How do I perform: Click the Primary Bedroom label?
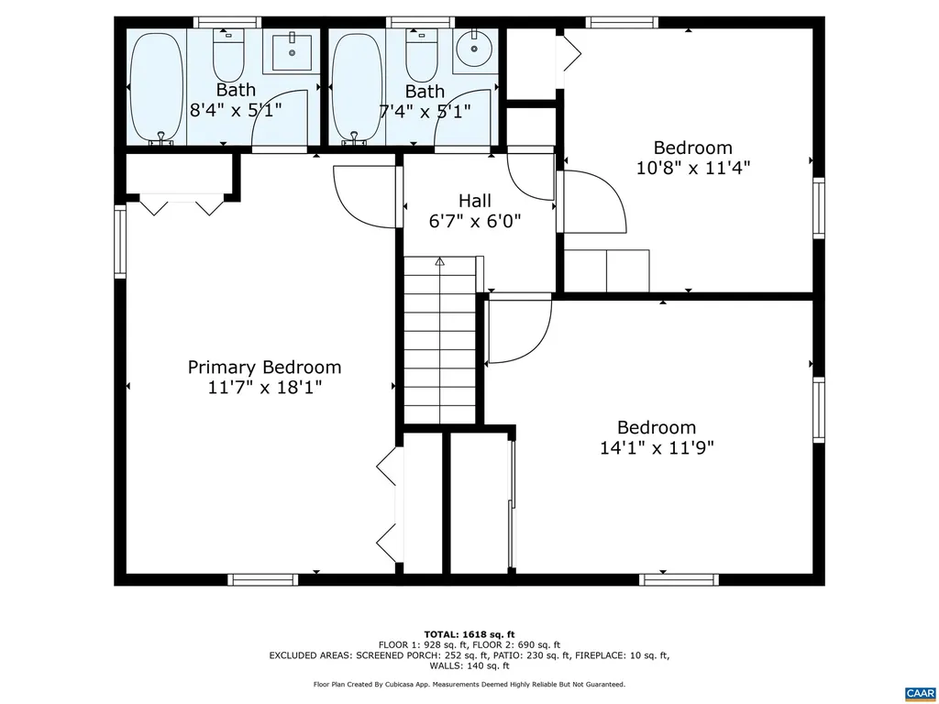pos(264,368)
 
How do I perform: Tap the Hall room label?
pos(474,201)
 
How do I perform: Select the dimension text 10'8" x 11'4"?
pos(692,168)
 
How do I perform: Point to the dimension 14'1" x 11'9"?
pos(656,447)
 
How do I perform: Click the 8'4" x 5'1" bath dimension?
pos(236,110)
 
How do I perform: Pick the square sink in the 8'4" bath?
pos(292,50)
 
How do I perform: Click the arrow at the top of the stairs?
pos(439,262)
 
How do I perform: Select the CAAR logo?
pos(918,692)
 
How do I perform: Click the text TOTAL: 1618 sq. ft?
pos(469,634)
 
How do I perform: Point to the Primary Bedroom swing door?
pos(362,197)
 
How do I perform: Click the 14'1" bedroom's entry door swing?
pos(518,330)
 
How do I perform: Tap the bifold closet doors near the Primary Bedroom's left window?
pos(181,204)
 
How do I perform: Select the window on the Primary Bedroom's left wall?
pos(119,242)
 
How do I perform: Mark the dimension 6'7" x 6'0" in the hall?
pos(474,221)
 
